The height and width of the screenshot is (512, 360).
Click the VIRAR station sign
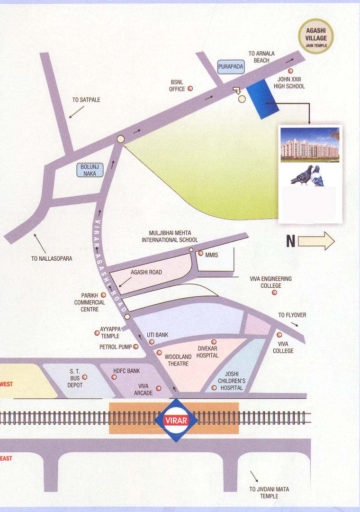click(176, 421)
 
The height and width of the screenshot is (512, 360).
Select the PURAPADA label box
click(231, 67)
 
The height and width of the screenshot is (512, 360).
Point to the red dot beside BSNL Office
click(190, 88)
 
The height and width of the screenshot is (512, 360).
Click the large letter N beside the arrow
click(291, 241)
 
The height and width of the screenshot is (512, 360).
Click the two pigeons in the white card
click(308, 175)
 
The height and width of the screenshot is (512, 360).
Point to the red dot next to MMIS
click(200, 254)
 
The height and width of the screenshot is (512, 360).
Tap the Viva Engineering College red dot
click(274, 293)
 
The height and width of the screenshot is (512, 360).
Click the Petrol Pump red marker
click(136, 347)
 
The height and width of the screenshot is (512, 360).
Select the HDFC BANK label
click(126, 370)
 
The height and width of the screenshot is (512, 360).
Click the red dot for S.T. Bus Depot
click(85, 377)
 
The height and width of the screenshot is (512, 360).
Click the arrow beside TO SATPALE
click(76, 112)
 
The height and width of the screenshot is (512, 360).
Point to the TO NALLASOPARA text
click(52, 259)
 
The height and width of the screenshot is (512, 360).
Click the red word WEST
click(7, 384)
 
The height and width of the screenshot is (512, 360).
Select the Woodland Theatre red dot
click(159, 353)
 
